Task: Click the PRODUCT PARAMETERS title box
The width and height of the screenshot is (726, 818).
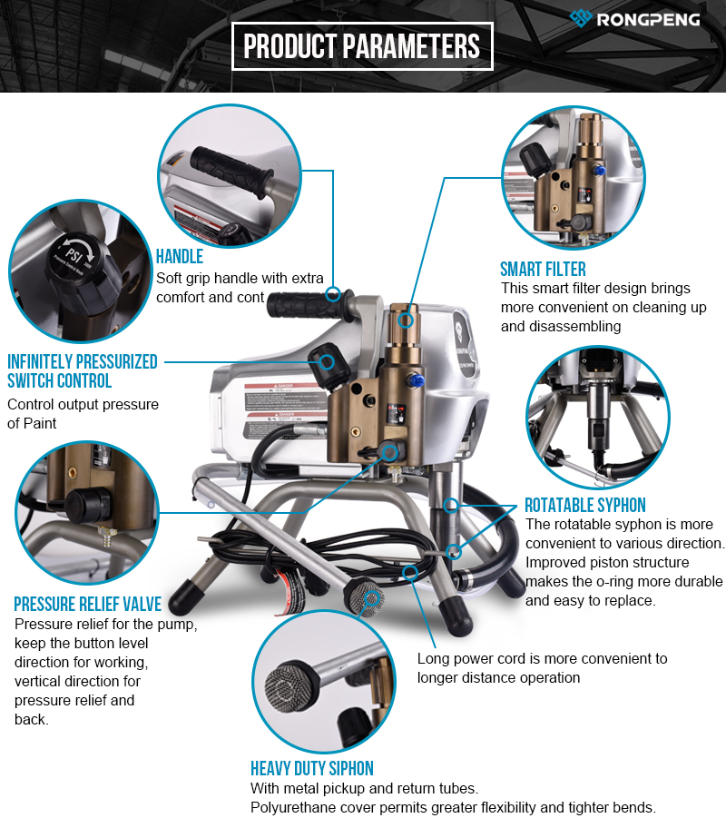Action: click(362, 46)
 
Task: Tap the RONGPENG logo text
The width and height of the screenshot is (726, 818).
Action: click(648, 20)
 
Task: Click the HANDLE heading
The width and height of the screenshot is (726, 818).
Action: click(180, 257)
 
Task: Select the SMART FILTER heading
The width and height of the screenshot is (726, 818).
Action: click(543, 270)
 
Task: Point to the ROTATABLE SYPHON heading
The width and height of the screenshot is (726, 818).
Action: click(585, 505)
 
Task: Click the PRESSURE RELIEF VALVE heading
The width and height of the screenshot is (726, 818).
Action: click(88, 604)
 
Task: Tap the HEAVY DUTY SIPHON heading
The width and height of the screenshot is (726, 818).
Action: click(312, 768)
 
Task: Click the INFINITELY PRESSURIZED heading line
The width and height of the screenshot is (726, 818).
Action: click(83, 361)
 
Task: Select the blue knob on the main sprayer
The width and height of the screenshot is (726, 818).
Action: click(416, 380)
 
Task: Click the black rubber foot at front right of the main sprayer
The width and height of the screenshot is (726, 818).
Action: click(456, 616)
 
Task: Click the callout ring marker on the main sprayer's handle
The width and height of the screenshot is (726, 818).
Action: click(333, 295)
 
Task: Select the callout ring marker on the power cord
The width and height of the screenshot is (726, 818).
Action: click(410, 572)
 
